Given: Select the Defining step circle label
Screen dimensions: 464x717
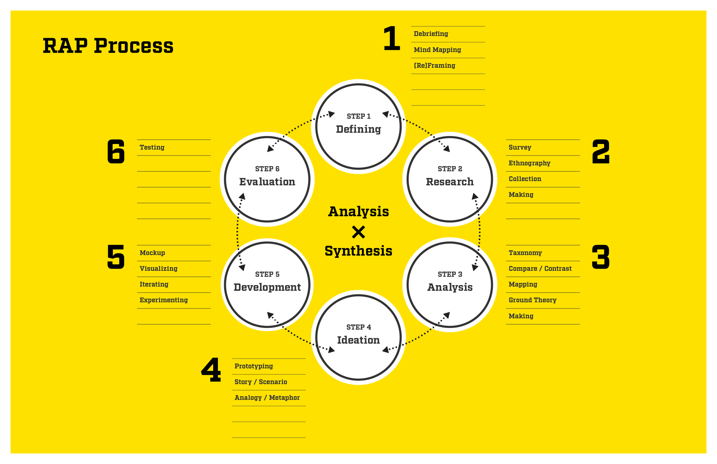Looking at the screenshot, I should point(358,129).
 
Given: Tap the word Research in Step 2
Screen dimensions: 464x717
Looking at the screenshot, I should point(449,182).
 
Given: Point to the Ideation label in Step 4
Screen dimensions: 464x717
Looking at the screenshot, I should point(358,340).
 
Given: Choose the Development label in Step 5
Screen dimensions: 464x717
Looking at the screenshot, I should point(267,287).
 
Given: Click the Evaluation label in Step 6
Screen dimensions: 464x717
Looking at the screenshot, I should point(267,182).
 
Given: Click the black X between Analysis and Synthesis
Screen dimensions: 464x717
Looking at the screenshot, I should point(358,232).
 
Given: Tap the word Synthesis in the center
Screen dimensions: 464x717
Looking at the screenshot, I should point(358,251).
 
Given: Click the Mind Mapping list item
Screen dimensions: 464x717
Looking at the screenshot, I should point(437,50).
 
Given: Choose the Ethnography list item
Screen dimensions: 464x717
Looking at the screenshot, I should point(529,163).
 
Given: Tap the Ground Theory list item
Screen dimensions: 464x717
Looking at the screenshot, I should point(532,300).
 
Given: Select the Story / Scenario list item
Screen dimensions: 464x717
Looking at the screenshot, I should point(261,382).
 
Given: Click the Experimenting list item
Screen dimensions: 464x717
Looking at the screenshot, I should point(163,300).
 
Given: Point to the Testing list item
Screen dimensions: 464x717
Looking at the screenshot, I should point(152,147).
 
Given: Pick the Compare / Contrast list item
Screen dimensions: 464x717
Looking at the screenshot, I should point(540,268).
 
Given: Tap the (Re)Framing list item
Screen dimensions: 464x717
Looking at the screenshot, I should point(434,65).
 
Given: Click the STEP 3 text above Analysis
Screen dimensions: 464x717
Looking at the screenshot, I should point(449,274).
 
